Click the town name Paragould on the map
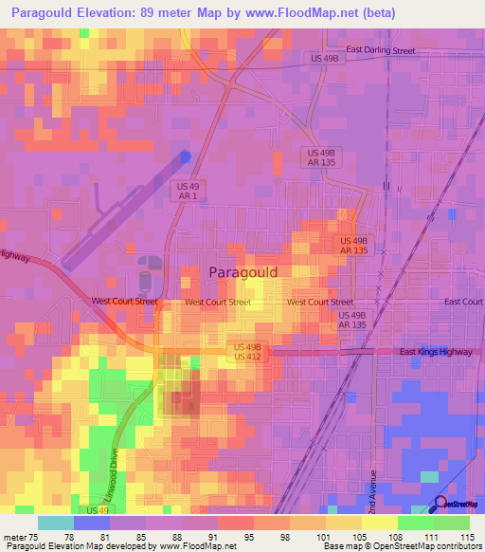[x=242, y=272]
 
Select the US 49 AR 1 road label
[x=187, y=191]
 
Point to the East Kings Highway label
[x=435, y=352]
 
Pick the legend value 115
[x=467, y=536]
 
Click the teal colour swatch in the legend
[x=55, y=523]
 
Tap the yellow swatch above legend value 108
[x=379, y=523]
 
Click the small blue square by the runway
[x=185, y=156]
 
